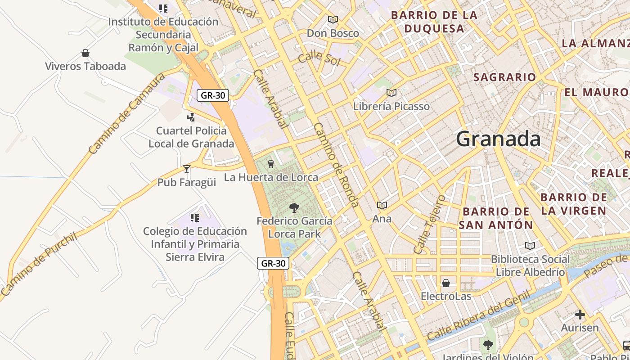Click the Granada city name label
click(x=498, y=139)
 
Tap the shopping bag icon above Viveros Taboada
click(x=85, y=54)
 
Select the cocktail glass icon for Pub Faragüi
click(x=187, y=169)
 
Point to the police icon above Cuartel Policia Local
click(x=191, y=117)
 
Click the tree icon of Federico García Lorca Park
click(x=294, y=208)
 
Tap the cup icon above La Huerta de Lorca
click(x=271, y=164)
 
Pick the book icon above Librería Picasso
click(x=391, y=93)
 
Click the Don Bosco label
click(x=333, y=33)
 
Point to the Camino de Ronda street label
click(x=336, y=165)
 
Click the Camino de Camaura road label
click(x=127, y=114)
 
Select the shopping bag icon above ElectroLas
click(x=446, y=283)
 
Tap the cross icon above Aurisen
click(x=580, y=315)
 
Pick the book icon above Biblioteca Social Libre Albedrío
click(x=530, y=246)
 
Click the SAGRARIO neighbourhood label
click(x=504, y=77)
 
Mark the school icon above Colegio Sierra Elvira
click(x=195, y=218)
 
